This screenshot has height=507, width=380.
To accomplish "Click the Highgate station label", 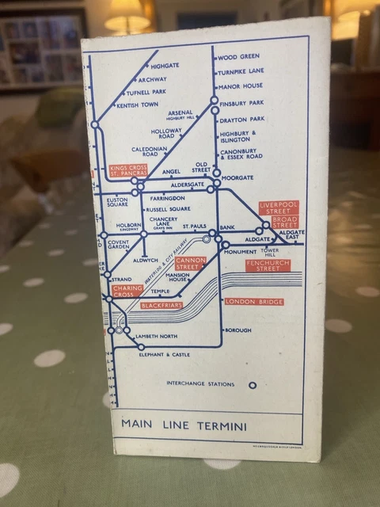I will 165,66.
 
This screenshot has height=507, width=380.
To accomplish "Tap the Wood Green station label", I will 238,57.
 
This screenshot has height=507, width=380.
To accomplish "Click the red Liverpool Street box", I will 277,209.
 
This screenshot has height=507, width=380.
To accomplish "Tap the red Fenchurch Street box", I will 268,266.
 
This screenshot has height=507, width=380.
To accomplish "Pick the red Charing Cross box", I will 127,292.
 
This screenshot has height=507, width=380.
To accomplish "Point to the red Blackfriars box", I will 161,304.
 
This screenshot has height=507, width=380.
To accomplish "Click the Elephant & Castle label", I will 165,354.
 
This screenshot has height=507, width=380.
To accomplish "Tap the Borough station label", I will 238,330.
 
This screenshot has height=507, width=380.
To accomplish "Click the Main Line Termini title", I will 184,425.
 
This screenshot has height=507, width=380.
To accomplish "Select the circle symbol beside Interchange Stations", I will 253,385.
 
